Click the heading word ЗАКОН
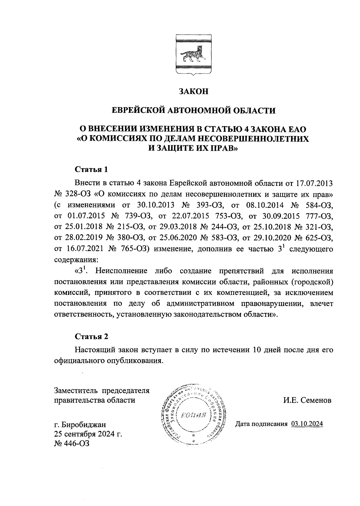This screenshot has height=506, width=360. (x=193, y=91)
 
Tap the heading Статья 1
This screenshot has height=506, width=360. (x=91, y=169)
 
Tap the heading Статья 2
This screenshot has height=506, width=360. (x=91, y=336)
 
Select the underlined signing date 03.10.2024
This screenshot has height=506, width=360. (x=307, y=424)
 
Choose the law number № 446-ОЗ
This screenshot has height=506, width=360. (x=71, y=444)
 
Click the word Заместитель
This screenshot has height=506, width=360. (x=76, y=391)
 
